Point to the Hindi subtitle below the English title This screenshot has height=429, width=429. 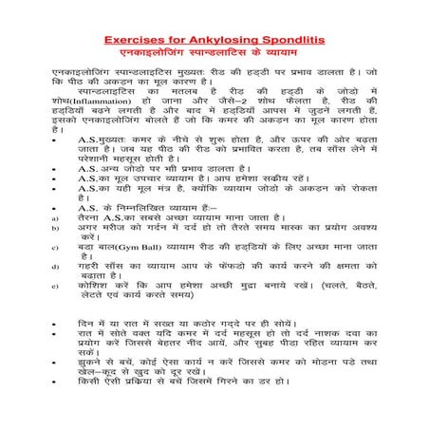click(214, 54)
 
